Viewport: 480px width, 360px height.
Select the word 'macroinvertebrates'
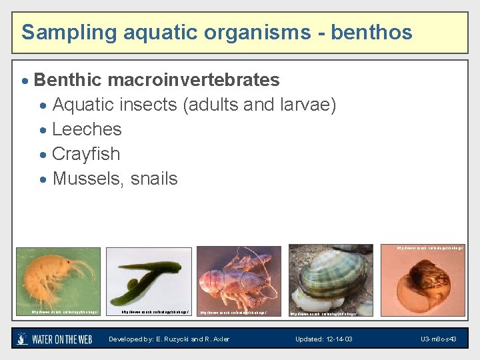[193, 80]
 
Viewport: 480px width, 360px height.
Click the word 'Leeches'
[87, 129]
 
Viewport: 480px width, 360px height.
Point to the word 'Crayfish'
[86, 154]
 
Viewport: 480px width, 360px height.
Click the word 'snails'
[155, 179]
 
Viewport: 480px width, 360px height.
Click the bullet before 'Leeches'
[43, 130]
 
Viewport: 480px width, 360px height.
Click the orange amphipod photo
[58, 280]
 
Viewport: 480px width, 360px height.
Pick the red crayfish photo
[239, 281]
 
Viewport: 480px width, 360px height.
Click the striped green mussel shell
[330, 280]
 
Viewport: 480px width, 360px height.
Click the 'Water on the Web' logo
[54, 339]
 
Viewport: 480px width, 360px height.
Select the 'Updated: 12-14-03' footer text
[324, 339]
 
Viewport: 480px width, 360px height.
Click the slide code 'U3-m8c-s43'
[438, 339]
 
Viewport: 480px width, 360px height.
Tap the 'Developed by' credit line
[169, 339]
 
